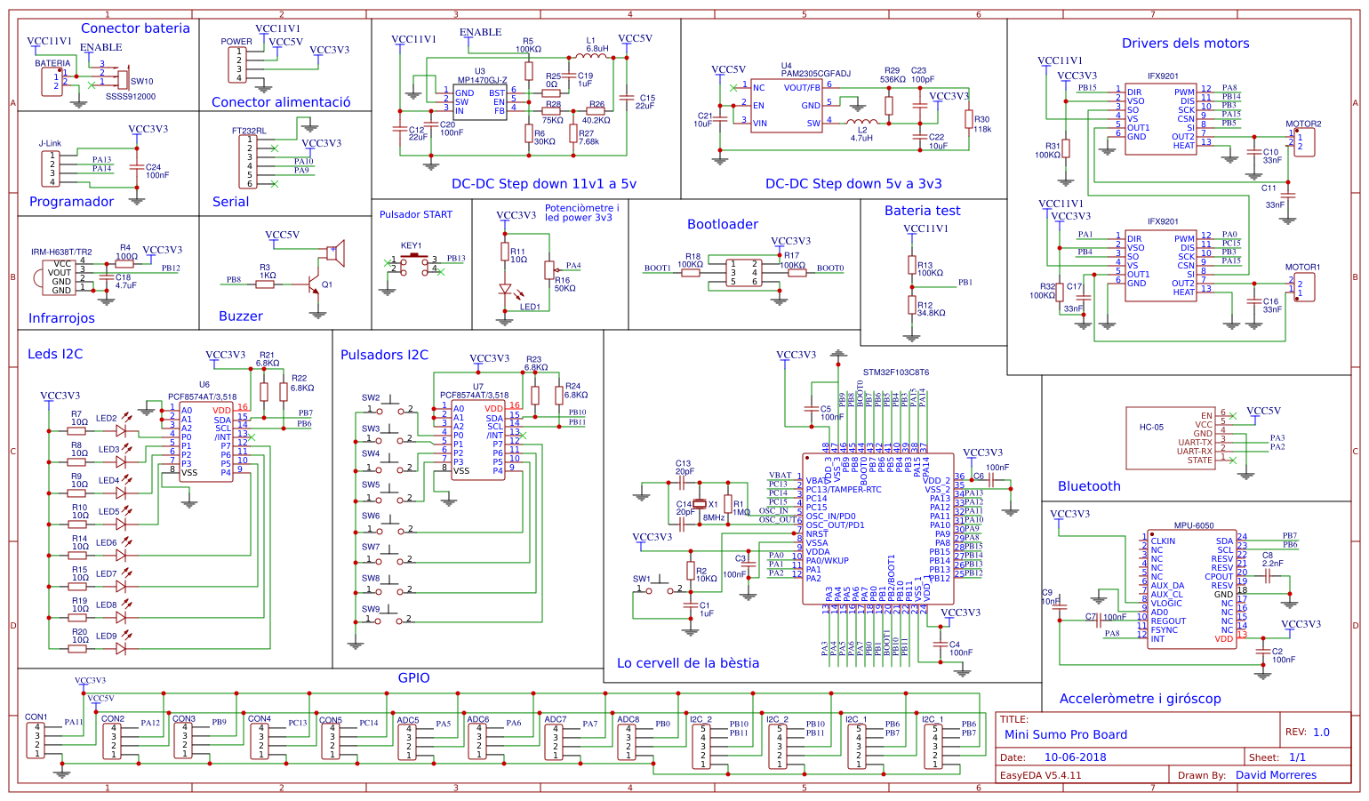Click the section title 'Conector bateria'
135,28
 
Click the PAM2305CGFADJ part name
815,74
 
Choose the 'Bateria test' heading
922,211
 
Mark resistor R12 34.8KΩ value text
932,313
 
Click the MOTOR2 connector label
1302,124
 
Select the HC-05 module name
1151,428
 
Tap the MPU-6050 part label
1193,525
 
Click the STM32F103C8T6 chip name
895,372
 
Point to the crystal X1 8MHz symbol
700,504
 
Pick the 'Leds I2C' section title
55,354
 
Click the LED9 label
107,636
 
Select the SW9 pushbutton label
371,609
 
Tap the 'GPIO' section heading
413,677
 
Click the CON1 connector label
36,717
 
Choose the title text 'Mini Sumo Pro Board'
1065,734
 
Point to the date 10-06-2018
1075,757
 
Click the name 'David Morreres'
1276,775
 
